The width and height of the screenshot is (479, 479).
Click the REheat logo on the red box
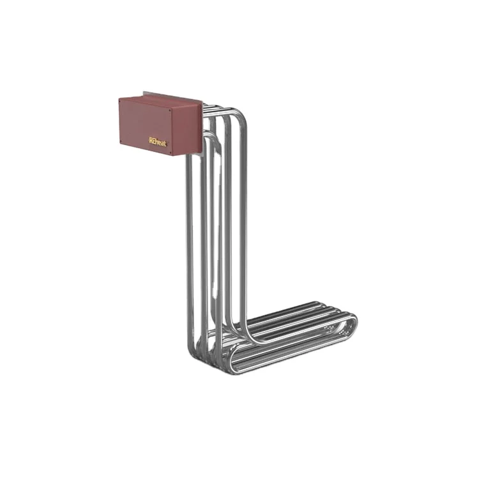[157, 141]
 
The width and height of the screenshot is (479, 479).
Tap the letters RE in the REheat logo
[152, 141]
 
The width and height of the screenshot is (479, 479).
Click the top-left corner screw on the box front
[122, 100]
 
